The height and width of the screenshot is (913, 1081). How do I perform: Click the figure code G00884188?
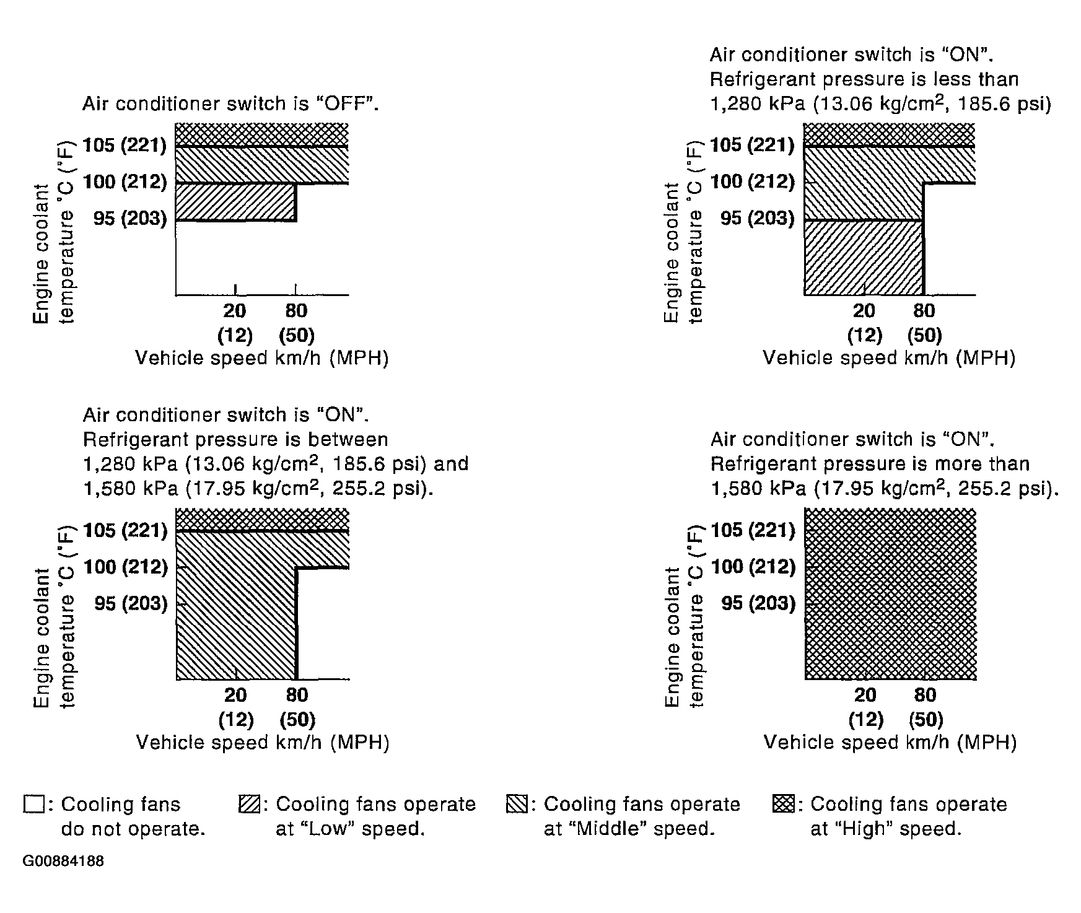coord(63,862)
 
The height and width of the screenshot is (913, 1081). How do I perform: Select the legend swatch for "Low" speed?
coord(247,804)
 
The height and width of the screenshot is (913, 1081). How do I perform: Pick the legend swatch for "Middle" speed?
coord(515,804)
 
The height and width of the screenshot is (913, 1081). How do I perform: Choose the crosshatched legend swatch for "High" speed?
coord(783,804)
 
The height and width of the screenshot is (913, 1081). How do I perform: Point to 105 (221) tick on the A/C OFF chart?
coord(125,145)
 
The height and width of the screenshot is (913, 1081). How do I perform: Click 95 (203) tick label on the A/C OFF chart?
coord(129,219)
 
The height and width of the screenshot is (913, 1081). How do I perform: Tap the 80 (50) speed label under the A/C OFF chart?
coord(297,323)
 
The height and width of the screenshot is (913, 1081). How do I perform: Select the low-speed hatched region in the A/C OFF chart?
coord(235,202)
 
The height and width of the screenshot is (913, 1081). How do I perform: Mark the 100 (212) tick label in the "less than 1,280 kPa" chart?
coord(752,181)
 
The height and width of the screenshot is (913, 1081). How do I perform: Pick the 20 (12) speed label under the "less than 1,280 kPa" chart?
coord(864,323)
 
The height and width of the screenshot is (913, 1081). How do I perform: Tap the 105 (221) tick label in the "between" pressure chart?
coord(125,530)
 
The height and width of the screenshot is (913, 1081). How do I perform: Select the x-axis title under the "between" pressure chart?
coord(262,742)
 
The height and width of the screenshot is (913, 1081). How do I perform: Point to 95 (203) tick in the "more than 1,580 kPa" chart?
coord(758,603)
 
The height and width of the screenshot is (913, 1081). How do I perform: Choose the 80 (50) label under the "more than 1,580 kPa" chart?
coord(925,707)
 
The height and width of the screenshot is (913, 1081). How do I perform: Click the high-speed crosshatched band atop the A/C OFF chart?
coord(261,134)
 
